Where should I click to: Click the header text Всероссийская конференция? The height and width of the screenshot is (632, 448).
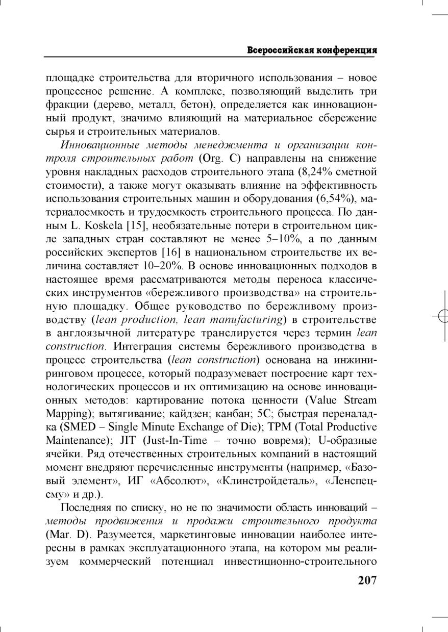(x=312, y=50)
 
